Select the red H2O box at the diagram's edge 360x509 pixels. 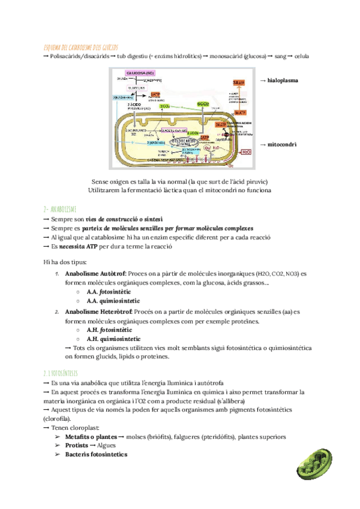point(246,152)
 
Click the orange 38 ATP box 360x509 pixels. point(239,82)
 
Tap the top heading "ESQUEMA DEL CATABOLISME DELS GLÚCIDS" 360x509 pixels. point(82,47)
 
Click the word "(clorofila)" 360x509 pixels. point(57,418)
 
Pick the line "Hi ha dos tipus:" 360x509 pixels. point(65,261)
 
